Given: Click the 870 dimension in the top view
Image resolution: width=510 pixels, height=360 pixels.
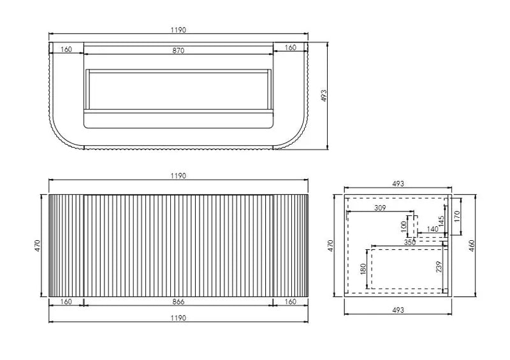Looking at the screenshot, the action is coord(178,50).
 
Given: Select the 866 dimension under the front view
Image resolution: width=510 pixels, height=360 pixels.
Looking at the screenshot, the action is coord(178,302).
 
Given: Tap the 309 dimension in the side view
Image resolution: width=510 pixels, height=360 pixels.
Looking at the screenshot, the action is coord(380,208).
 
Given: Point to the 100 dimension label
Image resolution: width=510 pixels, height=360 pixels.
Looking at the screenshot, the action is coord(404,227).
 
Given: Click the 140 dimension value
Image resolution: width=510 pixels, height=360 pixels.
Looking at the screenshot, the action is coord(432,229).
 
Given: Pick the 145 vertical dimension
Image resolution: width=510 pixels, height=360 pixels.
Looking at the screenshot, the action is coord(441,222).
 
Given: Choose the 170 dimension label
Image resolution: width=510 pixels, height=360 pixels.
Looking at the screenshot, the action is coord(456,216).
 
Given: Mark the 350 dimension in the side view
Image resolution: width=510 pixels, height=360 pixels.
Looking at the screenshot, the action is coord(410,242).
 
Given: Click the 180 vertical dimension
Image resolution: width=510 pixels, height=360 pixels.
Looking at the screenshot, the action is coord(363,269).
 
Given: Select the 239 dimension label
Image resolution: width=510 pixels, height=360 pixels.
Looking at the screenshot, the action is coord(439,267).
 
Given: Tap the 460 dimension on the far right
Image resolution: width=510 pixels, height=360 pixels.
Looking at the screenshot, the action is coord(472,245).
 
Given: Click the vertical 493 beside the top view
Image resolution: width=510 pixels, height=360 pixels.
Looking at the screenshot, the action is coord(323,96).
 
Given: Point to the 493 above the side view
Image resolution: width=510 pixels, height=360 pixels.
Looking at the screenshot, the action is coord(398,184).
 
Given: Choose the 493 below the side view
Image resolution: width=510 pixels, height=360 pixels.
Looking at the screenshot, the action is coord(398,310).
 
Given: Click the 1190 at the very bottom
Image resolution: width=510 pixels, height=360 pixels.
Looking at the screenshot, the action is coord(178,318).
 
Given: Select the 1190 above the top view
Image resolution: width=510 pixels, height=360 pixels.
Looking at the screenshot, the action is coord(178,30).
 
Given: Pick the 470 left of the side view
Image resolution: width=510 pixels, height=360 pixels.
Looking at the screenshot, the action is coord(330,245).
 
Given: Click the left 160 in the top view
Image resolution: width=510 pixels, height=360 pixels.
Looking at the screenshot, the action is coord(66,50).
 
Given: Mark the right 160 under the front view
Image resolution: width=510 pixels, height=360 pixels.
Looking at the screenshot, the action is coord(291,302).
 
